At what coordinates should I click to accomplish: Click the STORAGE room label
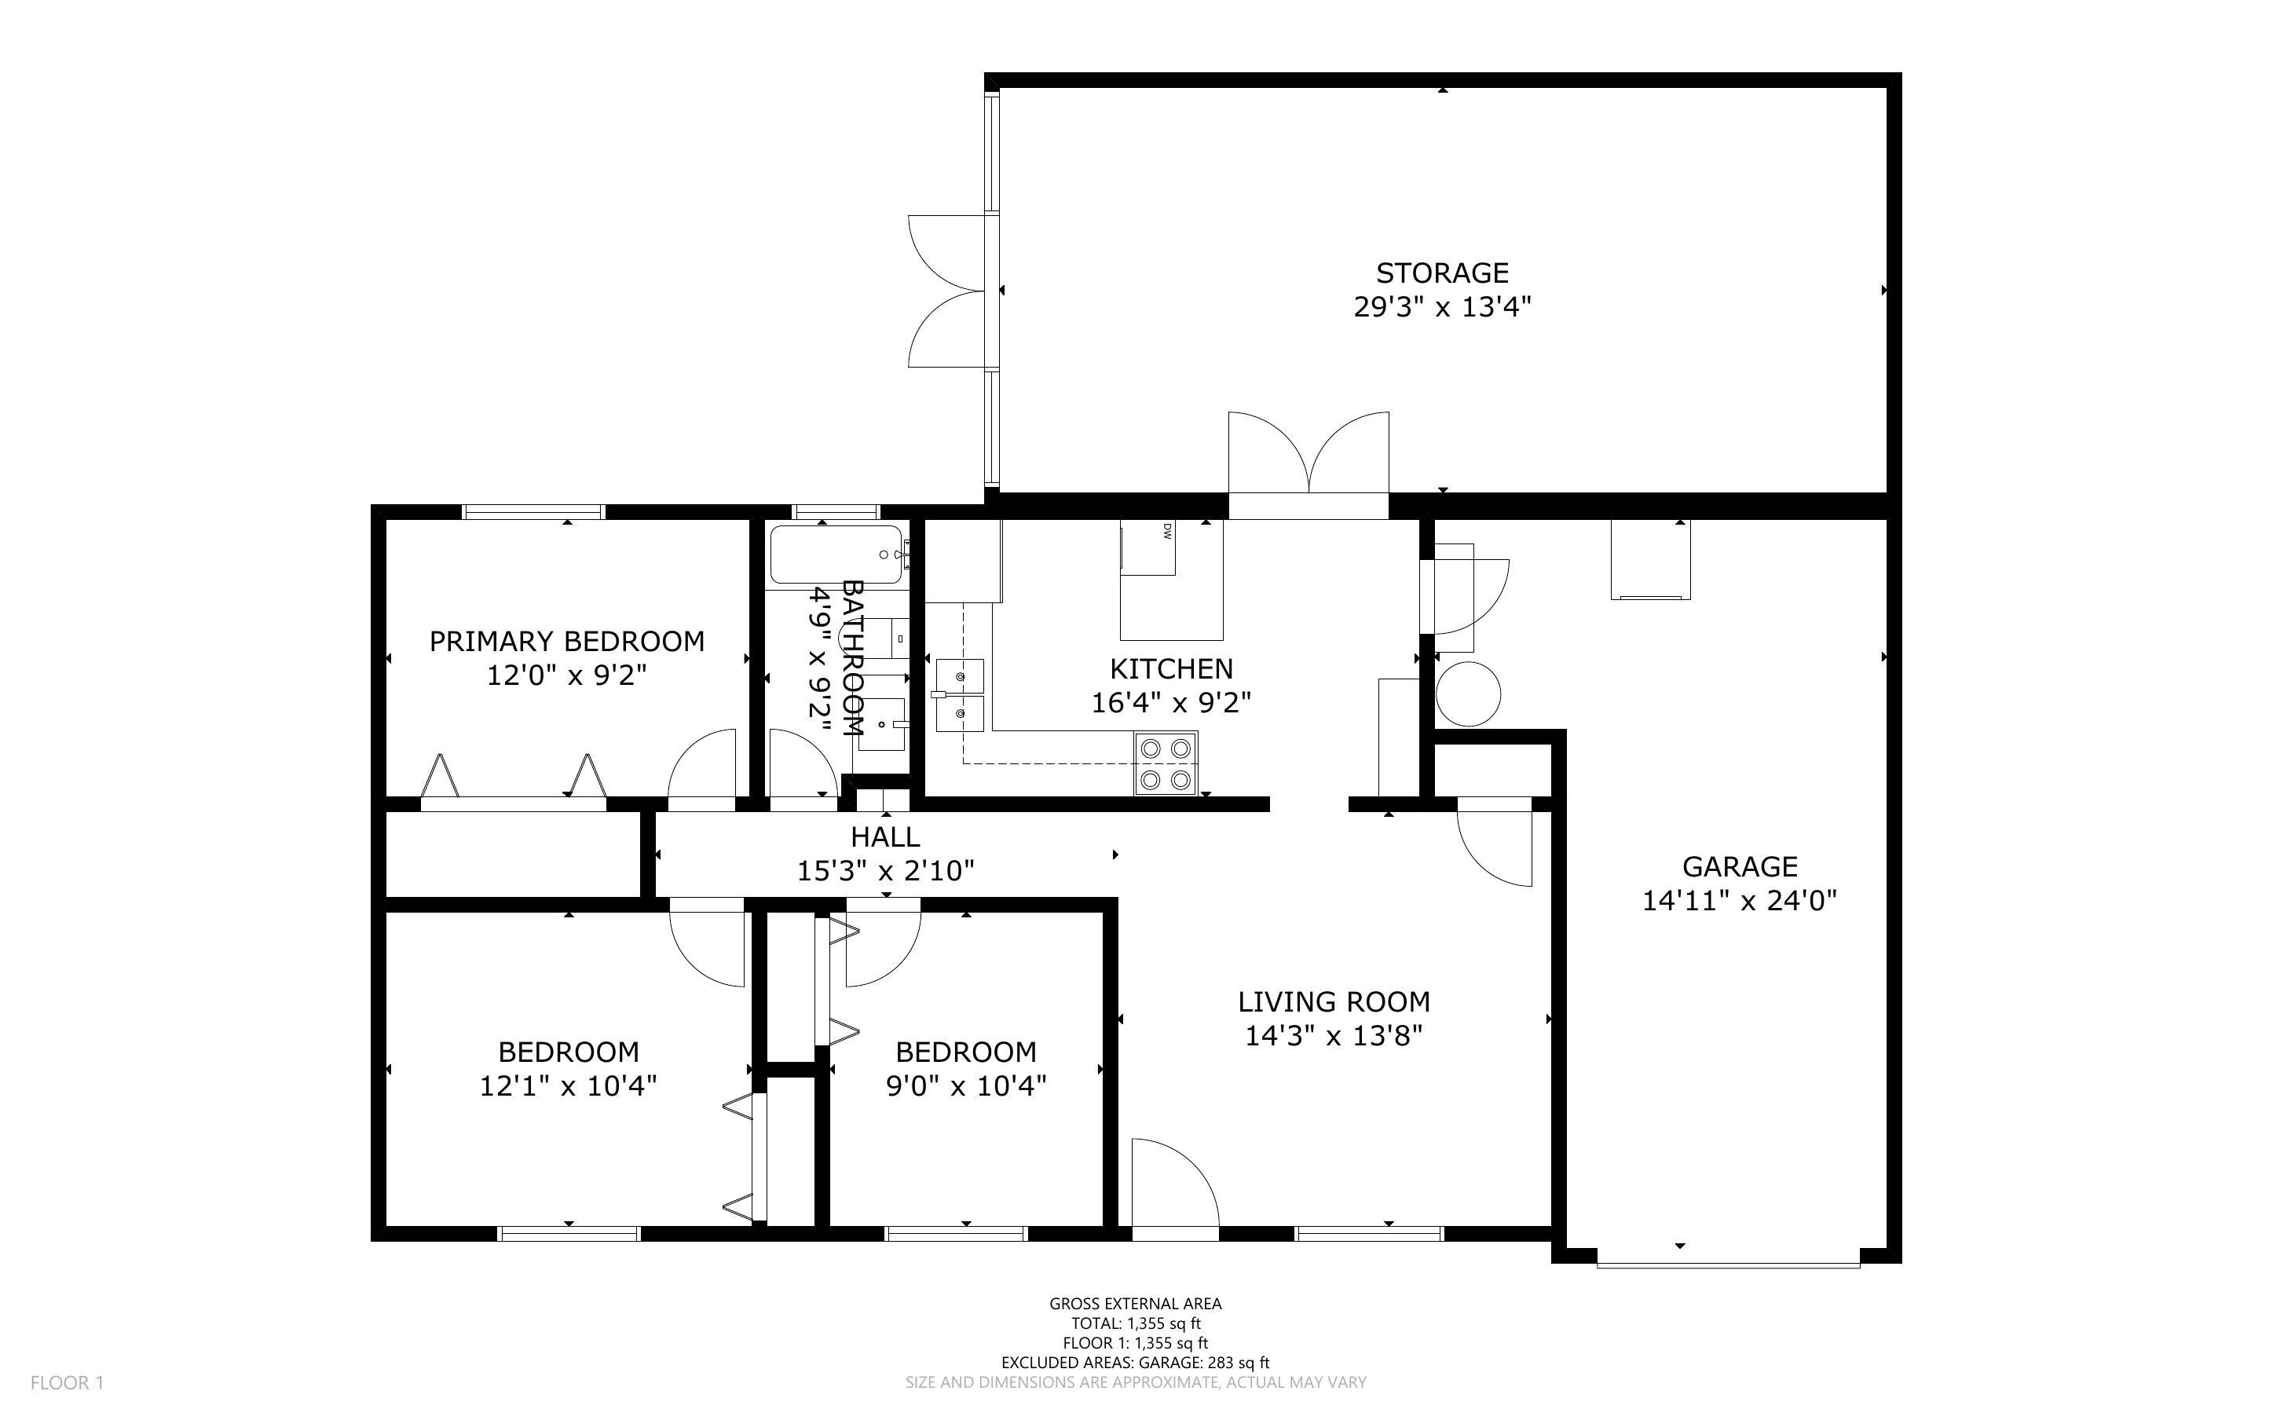1442,273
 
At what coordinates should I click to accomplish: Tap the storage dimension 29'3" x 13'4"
1442,307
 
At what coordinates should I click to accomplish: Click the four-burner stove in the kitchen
1166,763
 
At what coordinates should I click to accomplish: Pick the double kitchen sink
960,695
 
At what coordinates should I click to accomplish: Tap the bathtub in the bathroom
836,554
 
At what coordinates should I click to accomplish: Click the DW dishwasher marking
1167,532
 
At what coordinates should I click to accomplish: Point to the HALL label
885,836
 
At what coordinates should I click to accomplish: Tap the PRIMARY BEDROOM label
567,642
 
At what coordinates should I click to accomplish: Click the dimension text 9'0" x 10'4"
966,1085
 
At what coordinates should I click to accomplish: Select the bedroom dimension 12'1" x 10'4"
568,1085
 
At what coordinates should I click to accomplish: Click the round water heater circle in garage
1469,694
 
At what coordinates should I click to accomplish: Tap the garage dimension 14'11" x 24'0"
1740,901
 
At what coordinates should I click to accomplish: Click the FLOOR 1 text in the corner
68,1382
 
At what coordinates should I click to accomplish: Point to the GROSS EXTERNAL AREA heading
1135,1304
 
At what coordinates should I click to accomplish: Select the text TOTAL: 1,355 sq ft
1135,1323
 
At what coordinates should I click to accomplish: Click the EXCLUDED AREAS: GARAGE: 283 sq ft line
1135,1363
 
